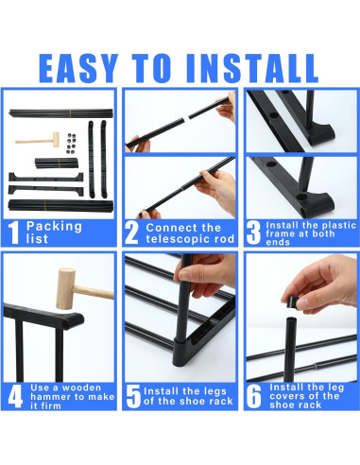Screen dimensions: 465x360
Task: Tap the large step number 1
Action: coord(12,232)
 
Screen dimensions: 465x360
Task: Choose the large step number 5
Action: coord(133,395)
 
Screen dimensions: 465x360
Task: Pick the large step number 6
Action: coord(254,395)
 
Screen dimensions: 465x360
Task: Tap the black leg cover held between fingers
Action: coord(295,301)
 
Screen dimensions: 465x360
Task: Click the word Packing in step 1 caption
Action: coord(55,226)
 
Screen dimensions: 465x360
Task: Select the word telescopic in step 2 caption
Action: coord(182,238)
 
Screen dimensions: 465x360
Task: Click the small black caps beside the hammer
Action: coord(67,141)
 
